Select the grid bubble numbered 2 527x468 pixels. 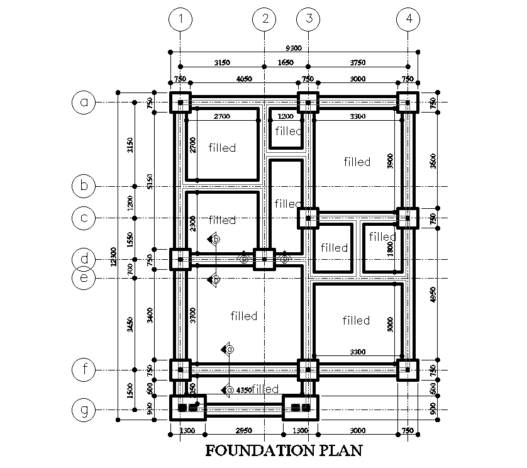click(264, 19)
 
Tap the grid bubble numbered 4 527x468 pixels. click(409, 19)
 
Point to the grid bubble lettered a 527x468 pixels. click(84, 102)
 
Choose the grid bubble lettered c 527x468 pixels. click(84, 218)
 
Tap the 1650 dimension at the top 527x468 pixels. click(286, 62)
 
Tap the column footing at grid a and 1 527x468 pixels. click(180, 102)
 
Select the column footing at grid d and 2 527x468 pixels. click(264, 259)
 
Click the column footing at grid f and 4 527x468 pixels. click(408, 370)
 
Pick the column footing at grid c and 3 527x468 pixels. click(308, 218)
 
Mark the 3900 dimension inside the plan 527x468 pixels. click(391, 161)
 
